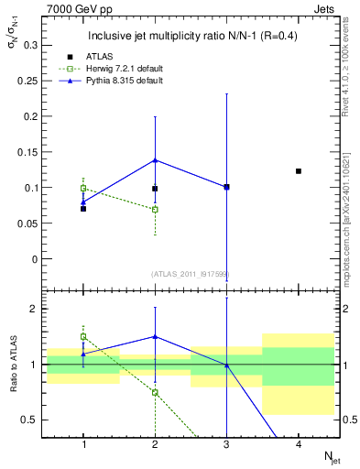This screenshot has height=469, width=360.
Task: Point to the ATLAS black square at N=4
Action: tap(299, 171)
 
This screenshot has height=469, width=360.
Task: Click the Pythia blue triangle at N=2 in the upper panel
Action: tap(155, 160)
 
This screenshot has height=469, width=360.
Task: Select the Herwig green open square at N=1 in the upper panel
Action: tap(83, 189)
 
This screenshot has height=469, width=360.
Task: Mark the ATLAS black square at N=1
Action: tap(83, 209)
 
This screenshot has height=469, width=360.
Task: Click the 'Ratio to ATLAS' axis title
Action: tap(13, 366)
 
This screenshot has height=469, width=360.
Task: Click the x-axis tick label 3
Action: tap(226, 444)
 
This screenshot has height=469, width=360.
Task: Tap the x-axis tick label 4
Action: tap(299, 444)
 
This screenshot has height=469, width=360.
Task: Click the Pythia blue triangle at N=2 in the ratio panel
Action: tap(155, 336)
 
